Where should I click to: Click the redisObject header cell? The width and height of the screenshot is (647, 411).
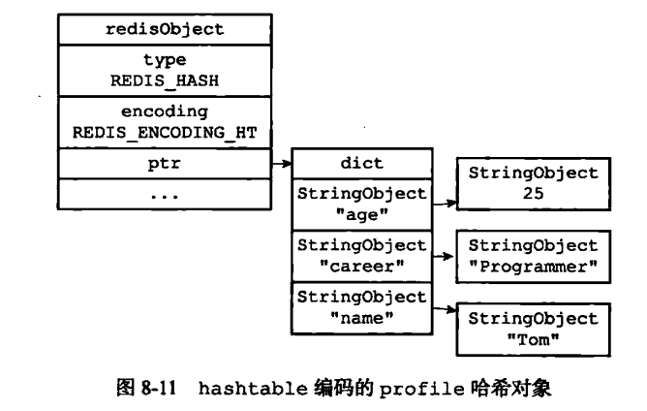(164, 28)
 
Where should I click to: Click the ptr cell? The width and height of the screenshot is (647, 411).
(164, 165)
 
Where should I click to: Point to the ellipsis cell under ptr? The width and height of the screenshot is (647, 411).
(164, 195)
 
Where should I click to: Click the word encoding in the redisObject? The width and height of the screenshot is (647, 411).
(164, 112)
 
